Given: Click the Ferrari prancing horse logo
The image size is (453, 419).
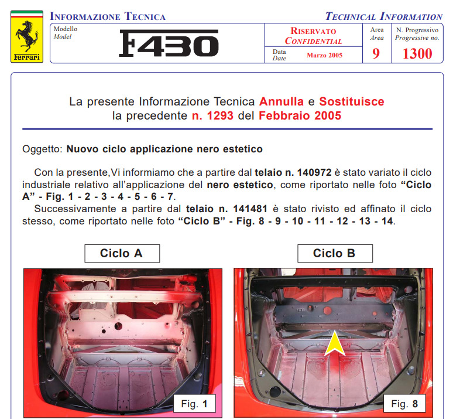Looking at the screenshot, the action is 27,36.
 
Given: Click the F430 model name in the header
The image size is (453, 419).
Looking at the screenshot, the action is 169,43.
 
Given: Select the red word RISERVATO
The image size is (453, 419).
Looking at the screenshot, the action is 313,31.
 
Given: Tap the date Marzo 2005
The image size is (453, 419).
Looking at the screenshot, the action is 324,55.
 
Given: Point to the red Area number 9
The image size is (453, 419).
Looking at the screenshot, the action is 376,53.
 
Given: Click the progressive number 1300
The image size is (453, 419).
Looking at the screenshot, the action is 417,53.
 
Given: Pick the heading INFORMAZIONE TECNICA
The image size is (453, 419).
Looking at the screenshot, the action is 108,16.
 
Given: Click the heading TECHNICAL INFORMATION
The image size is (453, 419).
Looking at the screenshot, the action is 384,16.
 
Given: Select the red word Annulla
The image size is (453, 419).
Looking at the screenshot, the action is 282,101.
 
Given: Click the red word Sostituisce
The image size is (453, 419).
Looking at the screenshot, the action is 352,101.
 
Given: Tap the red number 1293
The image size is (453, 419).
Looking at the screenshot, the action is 220,116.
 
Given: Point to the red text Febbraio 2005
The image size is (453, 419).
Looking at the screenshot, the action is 300,116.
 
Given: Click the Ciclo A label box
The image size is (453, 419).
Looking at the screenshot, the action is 122,254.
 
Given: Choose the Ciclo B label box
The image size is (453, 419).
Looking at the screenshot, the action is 335,254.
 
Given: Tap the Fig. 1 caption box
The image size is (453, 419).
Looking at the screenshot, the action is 194,403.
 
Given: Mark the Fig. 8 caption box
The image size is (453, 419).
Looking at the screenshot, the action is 404,403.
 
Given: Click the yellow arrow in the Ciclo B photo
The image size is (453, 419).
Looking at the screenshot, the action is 335,346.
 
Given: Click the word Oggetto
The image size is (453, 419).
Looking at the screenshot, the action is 42,149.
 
